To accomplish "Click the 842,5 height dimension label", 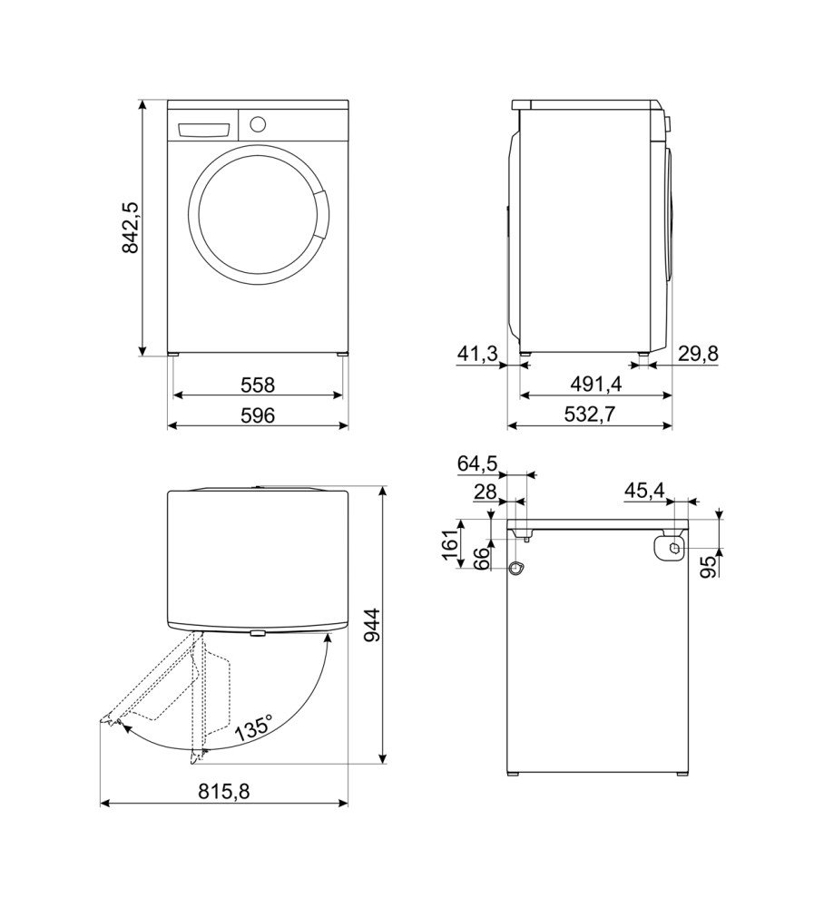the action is [131, 228].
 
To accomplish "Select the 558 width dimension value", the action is [258, 385].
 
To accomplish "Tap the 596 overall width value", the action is [258, 415].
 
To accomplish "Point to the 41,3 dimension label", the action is [477, 354].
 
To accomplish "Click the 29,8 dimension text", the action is [698, 354].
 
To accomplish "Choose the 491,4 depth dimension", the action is [595, 384].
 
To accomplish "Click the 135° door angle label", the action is [254, 728].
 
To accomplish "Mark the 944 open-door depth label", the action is [373, 625].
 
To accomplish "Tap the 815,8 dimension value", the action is [224, 791].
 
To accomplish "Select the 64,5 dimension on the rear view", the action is [477, 463].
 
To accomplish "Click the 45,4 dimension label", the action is [644, 491].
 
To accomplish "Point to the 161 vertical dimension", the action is [451, 543].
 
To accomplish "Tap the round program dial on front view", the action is [258, 123].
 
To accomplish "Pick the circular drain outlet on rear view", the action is [515, 569].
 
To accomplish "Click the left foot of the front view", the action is [173, 355].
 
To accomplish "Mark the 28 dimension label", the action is [485, 493].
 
